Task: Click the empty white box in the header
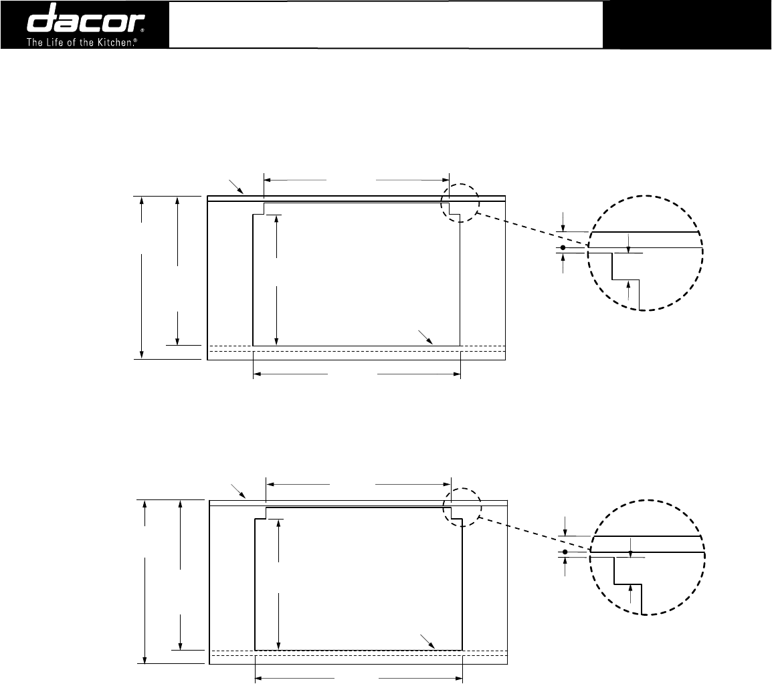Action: tap(386, 25)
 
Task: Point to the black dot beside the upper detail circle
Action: tap(563, 247)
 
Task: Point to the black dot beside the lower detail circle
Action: tap(565, 552)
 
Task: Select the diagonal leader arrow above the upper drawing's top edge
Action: tap(236, 187)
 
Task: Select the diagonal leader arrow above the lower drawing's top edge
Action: tap(238, 491)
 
